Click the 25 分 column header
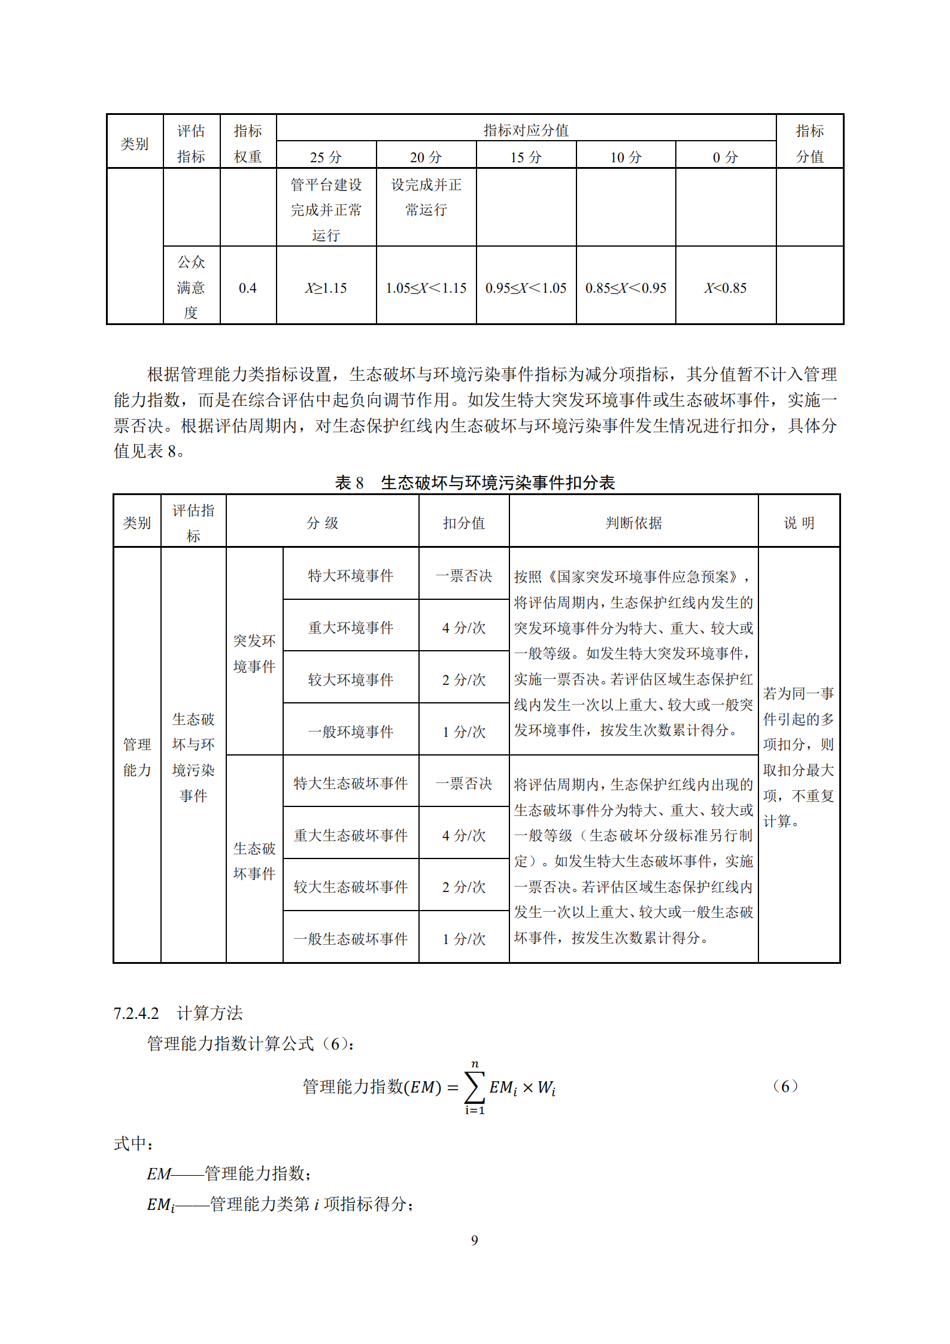tap(326, 157)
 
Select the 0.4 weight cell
tap(247, 288)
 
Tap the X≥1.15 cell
tap(326, 288)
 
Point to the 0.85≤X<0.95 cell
tap(626, 288)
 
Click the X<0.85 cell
tap(725, 288)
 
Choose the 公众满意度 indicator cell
tap(191, 287)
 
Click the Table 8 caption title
tap(475, 483)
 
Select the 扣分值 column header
tap(463, 523)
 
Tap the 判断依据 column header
tap(633, 523)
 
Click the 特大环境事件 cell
tap(350, 575)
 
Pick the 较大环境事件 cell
tap(350, 679)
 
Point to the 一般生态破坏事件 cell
tap(350, 939)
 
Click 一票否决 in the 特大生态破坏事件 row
tap(463, 783)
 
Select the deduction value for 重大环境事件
tap(463, 627)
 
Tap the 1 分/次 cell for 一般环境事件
tap(463, 732)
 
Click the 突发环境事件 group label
tap(254, 653)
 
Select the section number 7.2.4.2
tap(136, 1013)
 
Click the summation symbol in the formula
tap(474, 1087)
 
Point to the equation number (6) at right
tap(785, 1085)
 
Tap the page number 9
tap(474, 1240)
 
